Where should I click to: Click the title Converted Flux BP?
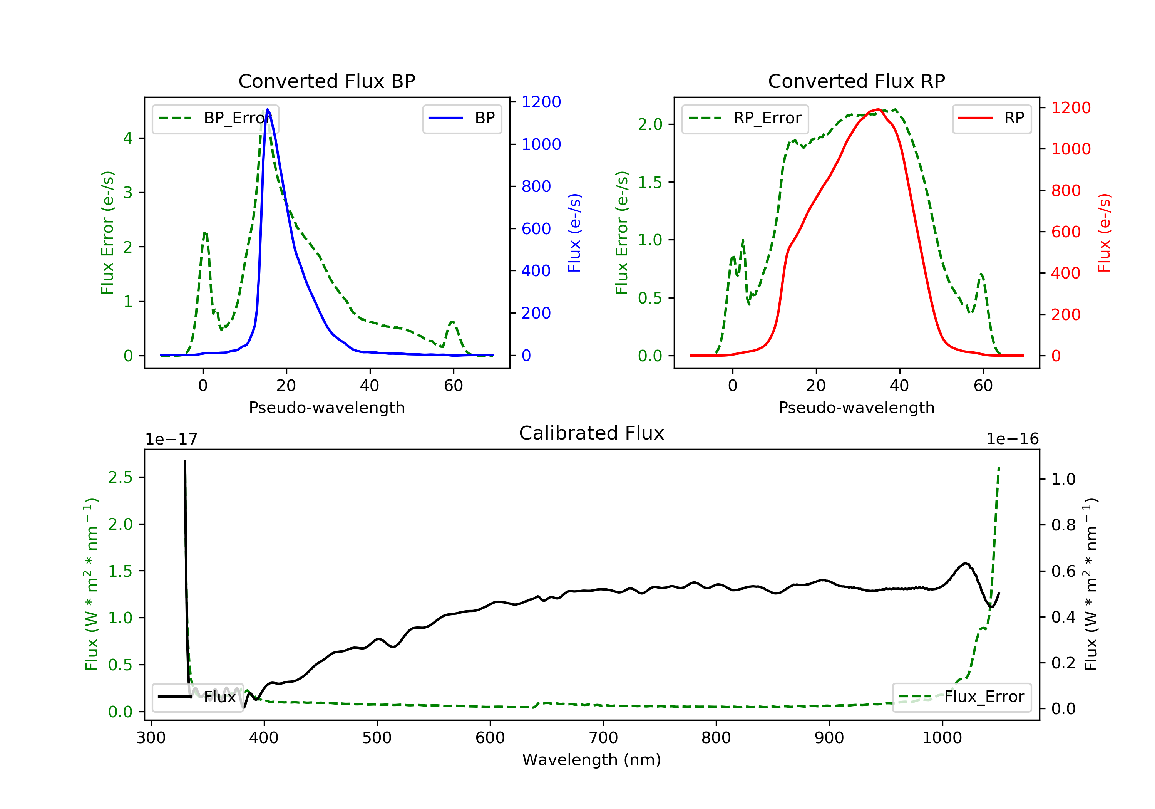(x=326, y=81)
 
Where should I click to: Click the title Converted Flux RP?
(x=856, y=81)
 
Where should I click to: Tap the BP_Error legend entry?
(x=215, y=118)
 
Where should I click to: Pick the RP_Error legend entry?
(x=745, y=118)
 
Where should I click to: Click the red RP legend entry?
(x=991, y=118)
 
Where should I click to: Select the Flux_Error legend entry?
(x=961, y=697)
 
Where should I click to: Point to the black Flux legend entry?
(x=197, y=697)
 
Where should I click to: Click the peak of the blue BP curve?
(x=268, y=109)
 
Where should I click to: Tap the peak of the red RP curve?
(x=877, y=109)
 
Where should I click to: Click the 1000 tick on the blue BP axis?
(x=541, y=144)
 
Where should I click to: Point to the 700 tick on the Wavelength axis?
(x=603, y=738)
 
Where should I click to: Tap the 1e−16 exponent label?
(x=1012, y=439)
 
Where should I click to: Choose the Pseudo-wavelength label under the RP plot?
(x=856, y=407)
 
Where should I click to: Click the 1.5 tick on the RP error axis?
(x=650, y=182)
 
